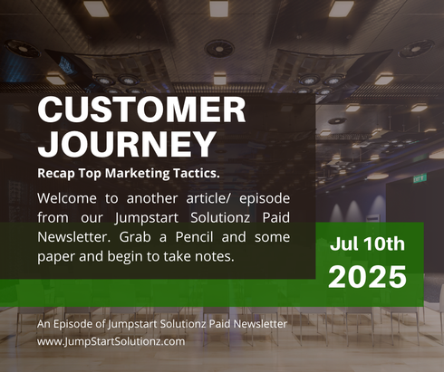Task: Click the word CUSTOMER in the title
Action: tap(141, 110)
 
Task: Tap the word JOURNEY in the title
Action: tap(127, 142)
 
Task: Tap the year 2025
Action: tap(368, 277)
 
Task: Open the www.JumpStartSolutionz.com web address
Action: tap(111, 341)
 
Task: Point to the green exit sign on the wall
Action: tap(420, 178)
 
